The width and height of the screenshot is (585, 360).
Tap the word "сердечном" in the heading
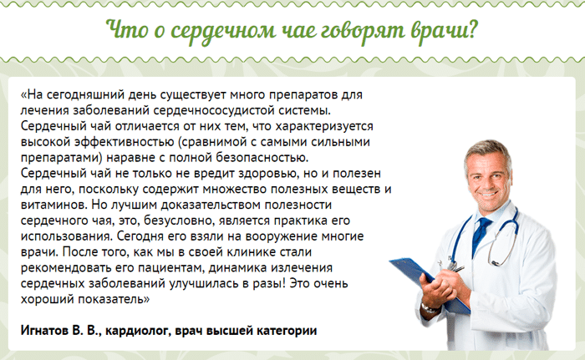(x=223, y=31)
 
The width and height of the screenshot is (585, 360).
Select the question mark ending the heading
(x=471, y=28)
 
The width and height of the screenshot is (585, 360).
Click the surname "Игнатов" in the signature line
(x=44, y=330)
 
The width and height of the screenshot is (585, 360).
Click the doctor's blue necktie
(x=481, y=234)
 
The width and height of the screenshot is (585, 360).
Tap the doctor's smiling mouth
(x=489, y=194)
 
